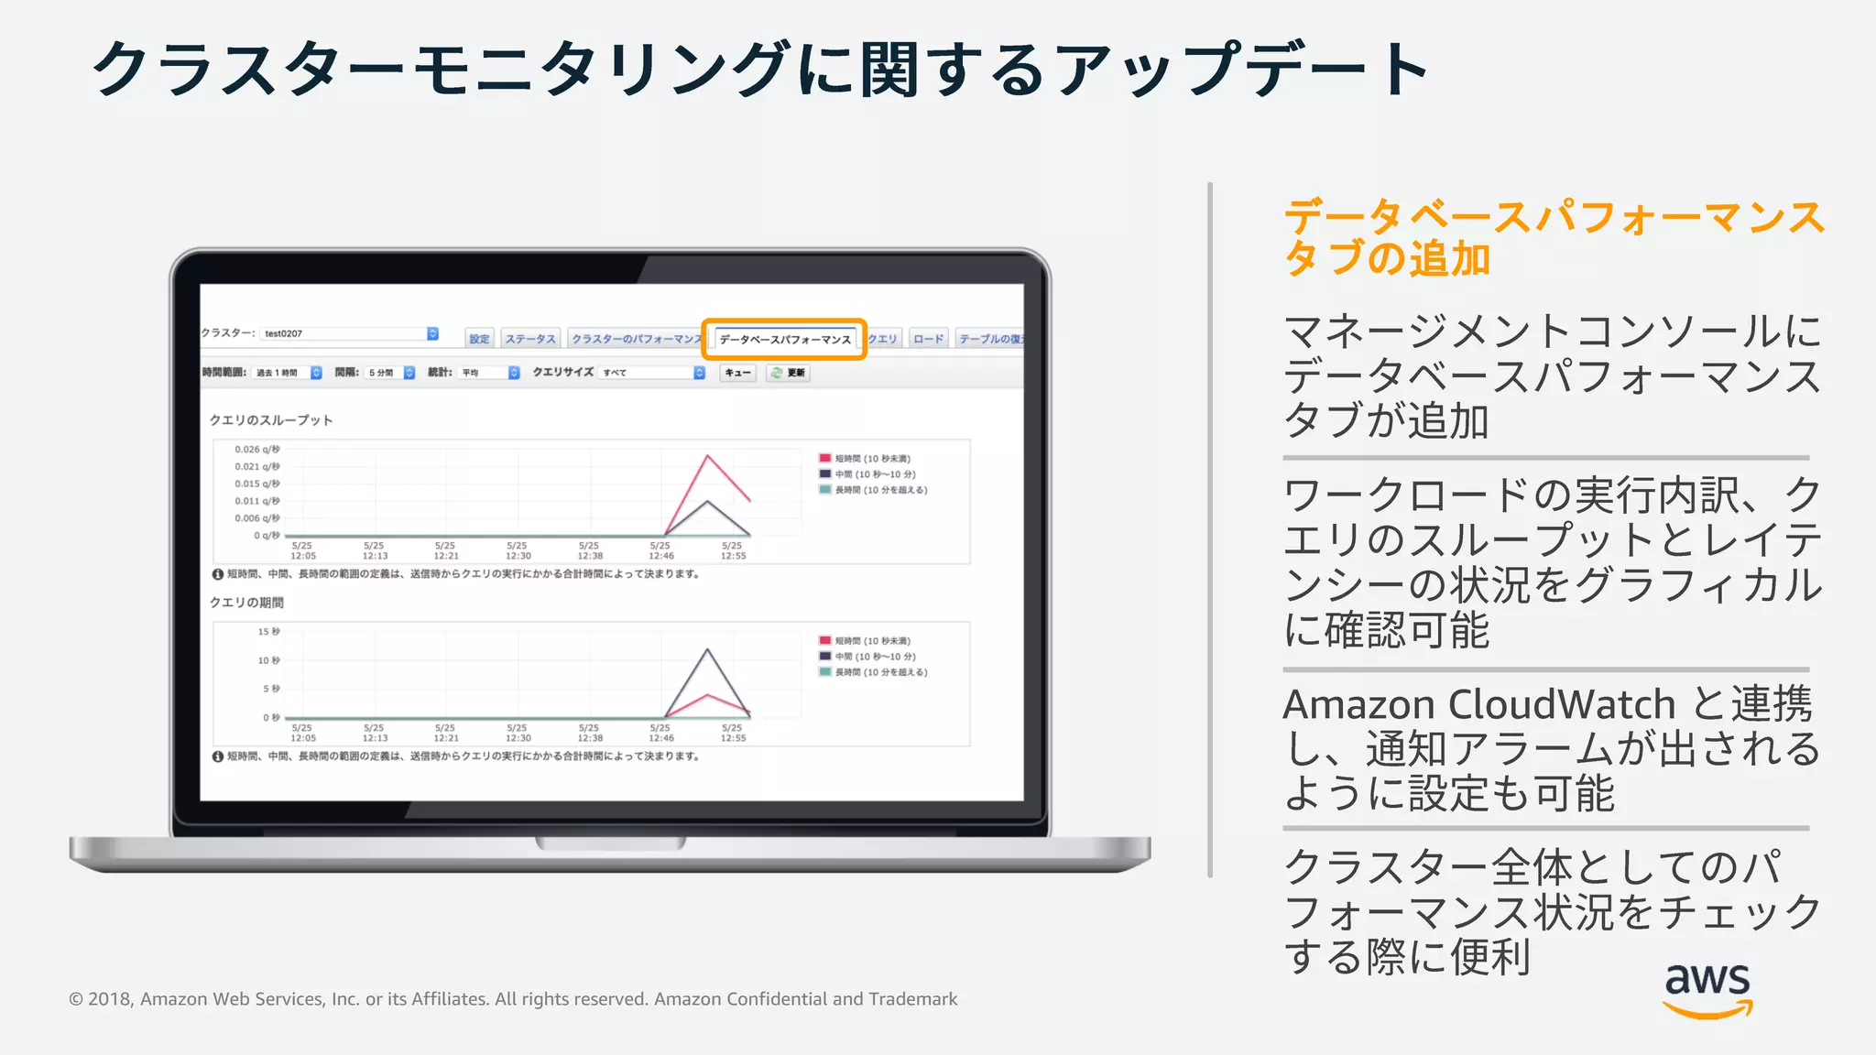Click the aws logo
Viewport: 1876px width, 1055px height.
pyautogui.click(x=1707, y=989)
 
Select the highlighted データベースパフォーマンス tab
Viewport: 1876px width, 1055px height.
pyautogui.click(x=784, y=339)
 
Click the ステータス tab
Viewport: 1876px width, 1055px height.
pyautogui.click(x=530, y=339)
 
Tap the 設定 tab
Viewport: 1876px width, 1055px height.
pyautogui.click(x=479, y=339)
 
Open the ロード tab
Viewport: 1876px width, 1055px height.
pyautogui.click(x=928, y=339)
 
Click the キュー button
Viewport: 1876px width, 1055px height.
pyautogui.click(x=737, y=373)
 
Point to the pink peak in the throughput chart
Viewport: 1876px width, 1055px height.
pyautogui.click(x=707, y=455)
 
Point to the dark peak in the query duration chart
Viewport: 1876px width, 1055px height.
pyautogui.click(x=707, y=649)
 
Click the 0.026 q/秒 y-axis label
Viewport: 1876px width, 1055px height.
pyautogui.click(x=256, y=450)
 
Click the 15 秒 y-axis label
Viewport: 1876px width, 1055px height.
pyautogui.click(x=268, y=632)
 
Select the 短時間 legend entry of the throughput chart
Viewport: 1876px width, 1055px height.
pyautogui.click(x=871, y=459)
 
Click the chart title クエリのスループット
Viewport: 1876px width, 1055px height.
pyautogui.click(x=271, y=420)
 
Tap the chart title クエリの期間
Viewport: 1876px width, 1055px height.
pyautogui.click(x=246, y=603)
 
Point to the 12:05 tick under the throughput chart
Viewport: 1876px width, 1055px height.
pyautogui.click(x=302, y=556)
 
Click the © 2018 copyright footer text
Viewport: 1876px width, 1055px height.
pyautogui.click(x=512, y=999)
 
